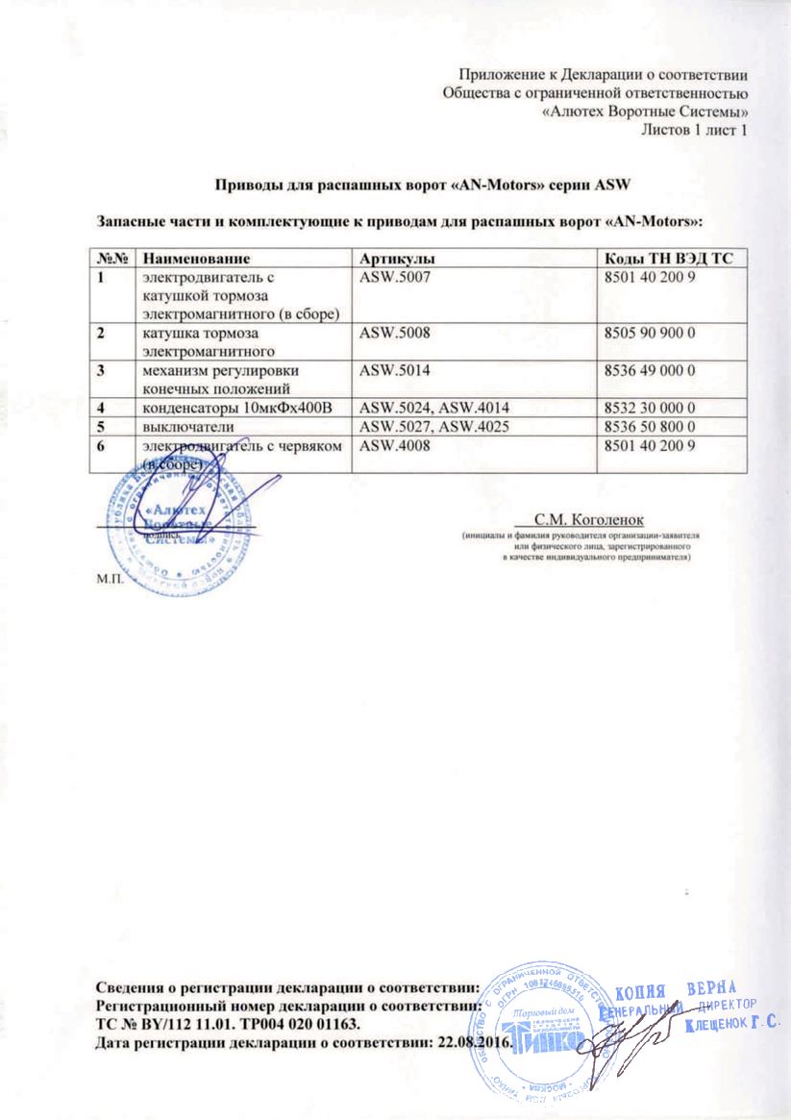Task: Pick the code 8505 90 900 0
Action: point(647,335)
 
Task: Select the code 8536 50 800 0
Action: point(647,427)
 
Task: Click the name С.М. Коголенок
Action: point(602,517)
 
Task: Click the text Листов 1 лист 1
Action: point(694,130)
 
